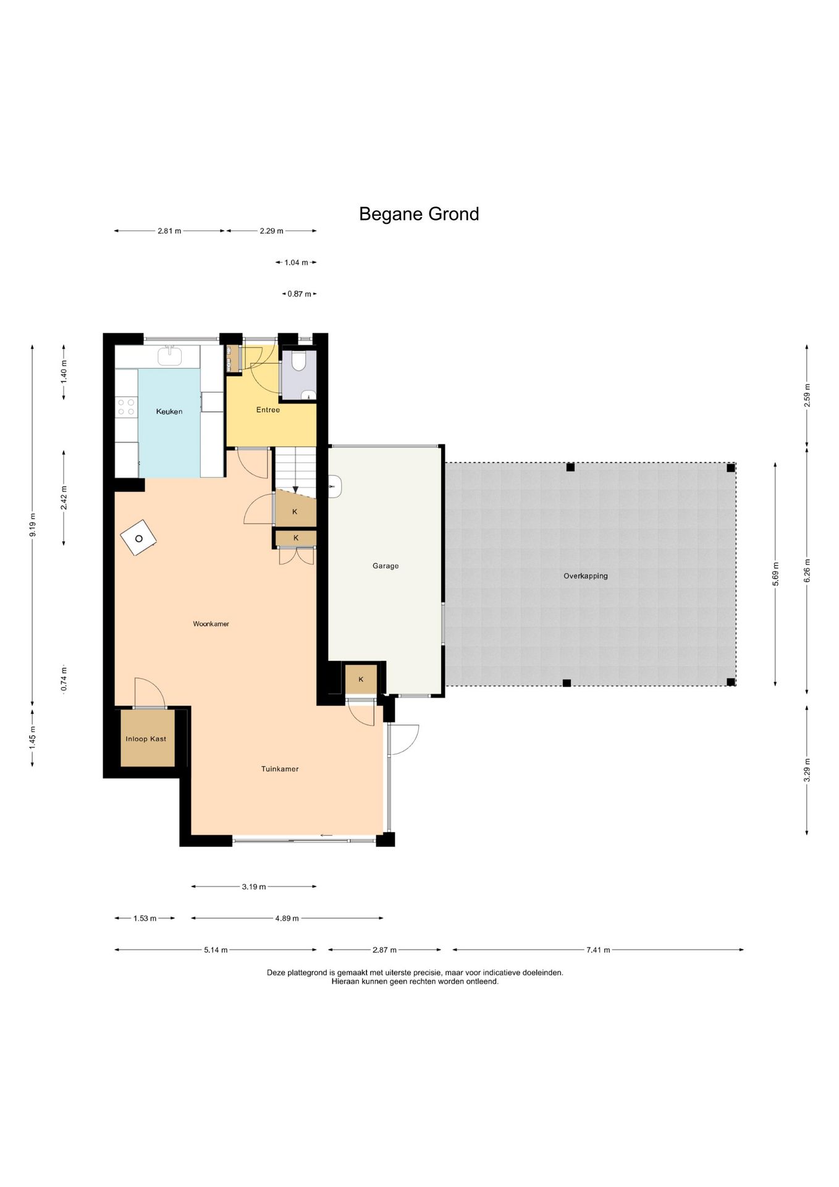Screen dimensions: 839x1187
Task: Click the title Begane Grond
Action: (419, 214)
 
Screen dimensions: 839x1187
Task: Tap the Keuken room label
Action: (169, 411)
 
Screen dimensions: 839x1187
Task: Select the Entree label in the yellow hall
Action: (268, 410)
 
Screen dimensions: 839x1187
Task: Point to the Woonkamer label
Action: (211, 624)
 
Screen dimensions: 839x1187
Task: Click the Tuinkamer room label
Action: (280, 769)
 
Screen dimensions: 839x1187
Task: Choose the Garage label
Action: (386, 566)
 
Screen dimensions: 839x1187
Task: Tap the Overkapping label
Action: (586, 576)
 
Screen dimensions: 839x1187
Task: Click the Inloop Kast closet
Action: (146, 738)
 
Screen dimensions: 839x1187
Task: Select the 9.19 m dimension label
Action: (33, 525)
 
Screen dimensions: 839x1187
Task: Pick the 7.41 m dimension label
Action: (598, 950)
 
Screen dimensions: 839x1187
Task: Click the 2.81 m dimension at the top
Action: (169, 231)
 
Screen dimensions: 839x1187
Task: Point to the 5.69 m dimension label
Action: (776, 574)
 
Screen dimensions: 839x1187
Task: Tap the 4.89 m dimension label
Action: (287, 918)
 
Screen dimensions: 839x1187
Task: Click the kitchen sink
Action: (169, 356)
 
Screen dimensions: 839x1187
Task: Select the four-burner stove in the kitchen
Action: (127, 407)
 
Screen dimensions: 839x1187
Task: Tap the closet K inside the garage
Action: (361, 679)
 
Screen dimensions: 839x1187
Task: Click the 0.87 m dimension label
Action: (299, 294)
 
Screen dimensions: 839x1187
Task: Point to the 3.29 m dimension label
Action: (807, 770)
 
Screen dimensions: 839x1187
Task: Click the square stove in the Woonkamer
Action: (139, 538)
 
